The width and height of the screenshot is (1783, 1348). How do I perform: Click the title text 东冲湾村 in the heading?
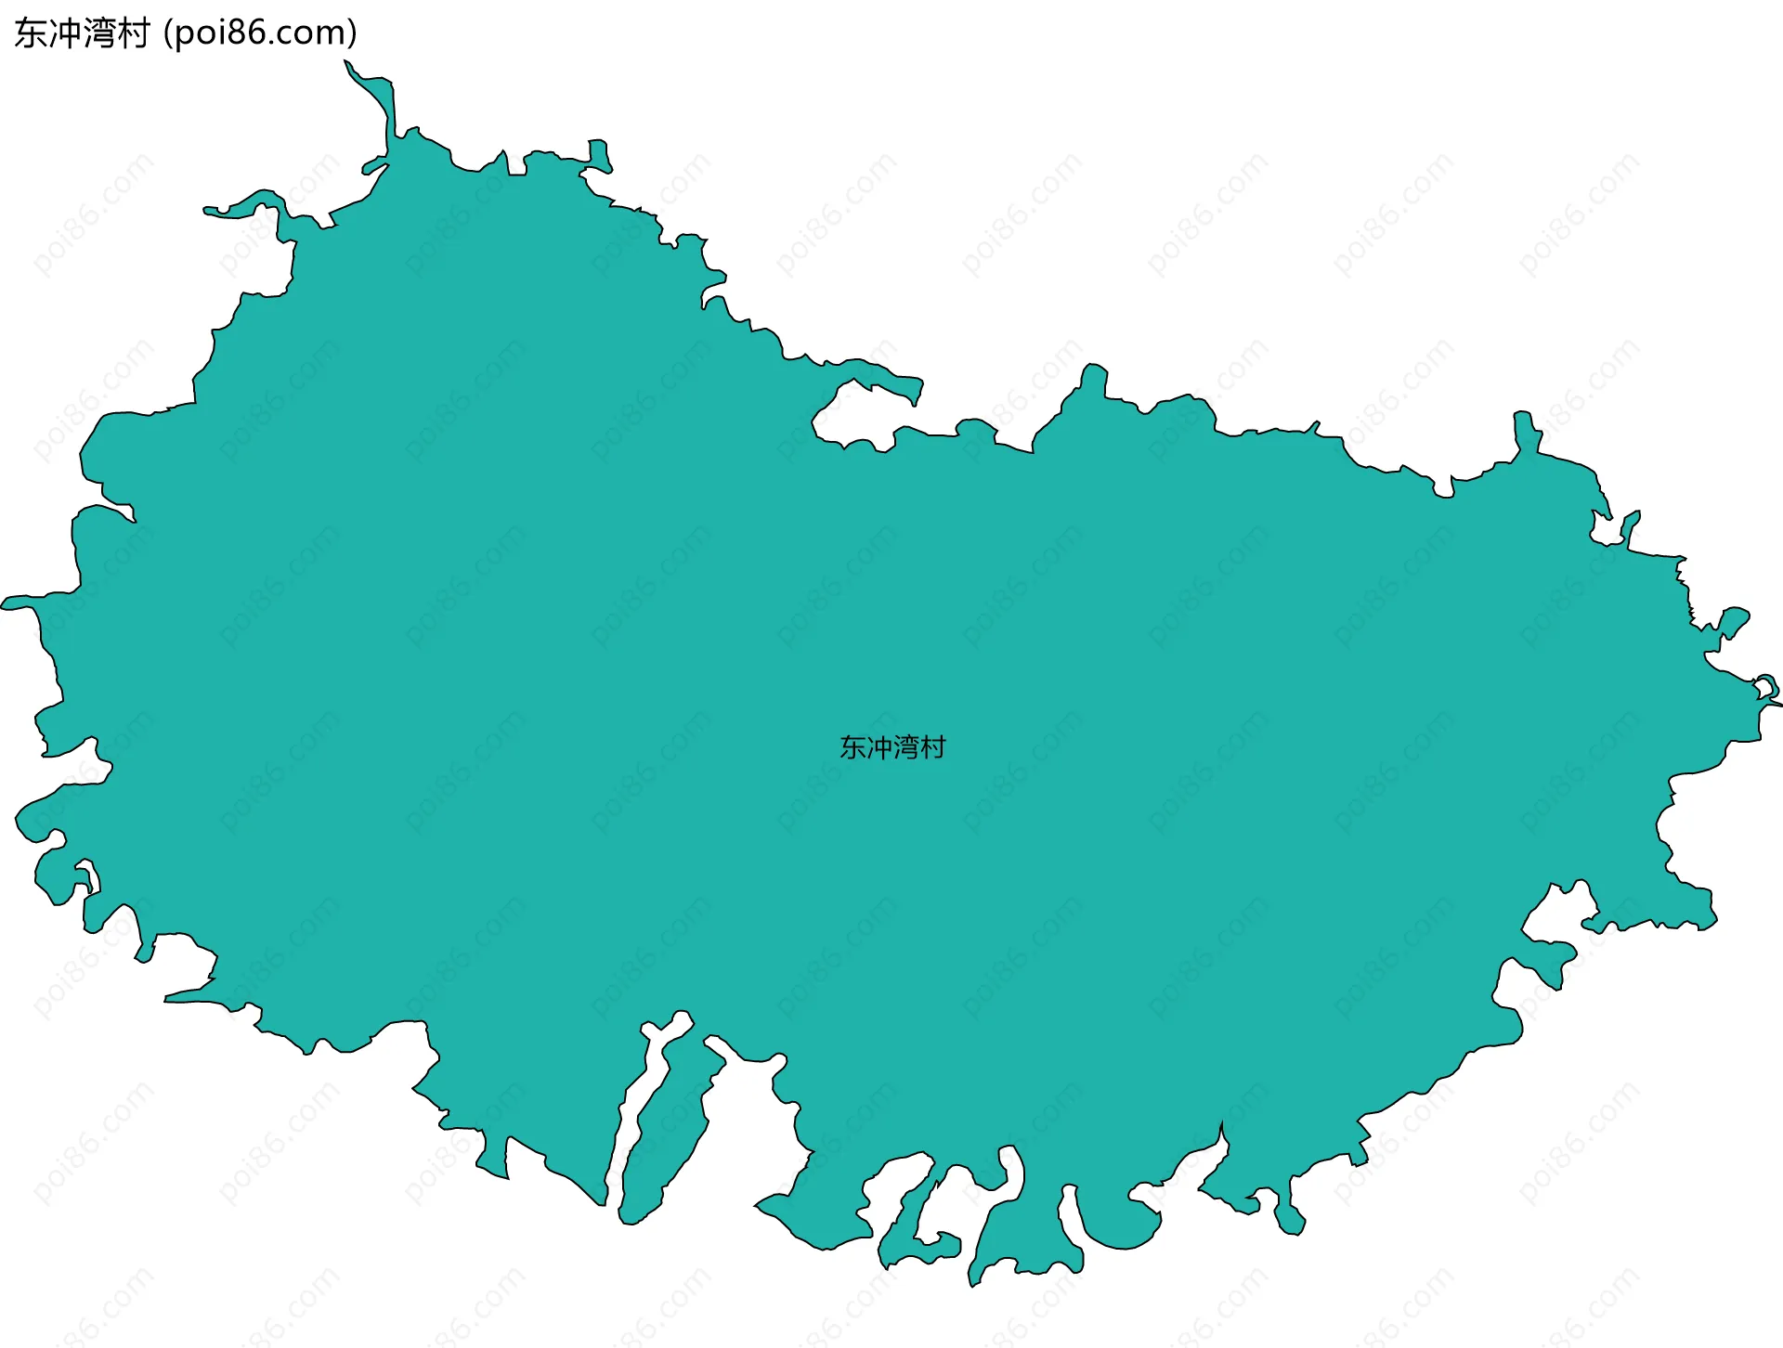pyautogui.click(x=82, y=33)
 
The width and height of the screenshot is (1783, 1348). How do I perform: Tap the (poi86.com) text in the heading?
pyautogui.click(x=260, y=33)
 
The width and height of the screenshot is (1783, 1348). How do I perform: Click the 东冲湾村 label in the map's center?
pyautogui.click(x=891, y=747)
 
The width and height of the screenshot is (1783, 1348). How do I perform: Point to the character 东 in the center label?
pyautogui.click(x=852, y=747)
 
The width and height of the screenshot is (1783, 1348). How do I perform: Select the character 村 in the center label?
pyautogui.click(x=932, y=747)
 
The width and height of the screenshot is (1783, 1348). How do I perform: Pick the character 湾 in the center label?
pyautogui.click(x=905, y=747)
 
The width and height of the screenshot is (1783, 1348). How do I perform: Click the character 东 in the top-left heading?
pyautogui.click(x=31, y=33)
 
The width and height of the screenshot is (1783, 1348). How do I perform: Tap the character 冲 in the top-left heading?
pyautogui.click(x=65, y=33)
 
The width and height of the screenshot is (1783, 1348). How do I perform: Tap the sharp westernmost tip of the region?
pyautogui.click(x=7, y=604)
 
